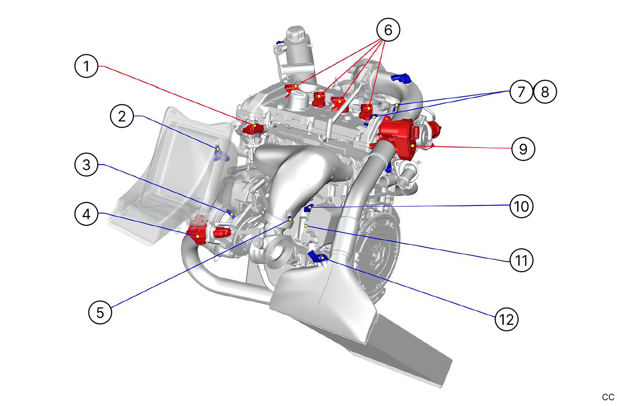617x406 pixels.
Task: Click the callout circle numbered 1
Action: tap(87, 66)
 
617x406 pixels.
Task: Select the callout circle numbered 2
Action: tap(122, 116)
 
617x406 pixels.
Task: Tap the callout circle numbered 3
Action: tap(87, 165)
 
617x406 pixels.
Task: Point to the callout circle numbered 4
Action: tap(87, 214)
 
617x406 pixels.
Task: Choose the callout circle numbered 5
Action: tap(100, 312)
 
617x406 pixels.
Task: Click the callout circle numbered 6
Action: tap(388, 30)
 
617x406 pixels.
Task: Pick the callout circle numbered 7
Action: tap(521, 92)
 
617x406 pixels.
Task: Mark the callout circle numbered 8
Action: tap(545, 92)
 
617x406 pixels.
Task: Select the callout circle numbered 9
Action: tap(523, 149)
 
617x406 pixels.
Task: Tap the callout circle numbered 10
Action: tap(521, 206)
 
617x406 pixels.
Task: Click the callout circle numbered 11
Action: tap(521, 260)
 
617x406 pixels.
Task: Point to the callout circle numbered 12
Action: tap(506, 319)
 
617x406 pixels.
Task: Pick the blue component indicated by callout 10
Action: tap(308, 208)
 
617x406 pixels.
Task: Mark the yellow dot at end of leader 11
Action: tap(306, 226)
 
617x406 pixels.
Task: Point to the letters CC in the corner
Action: tap(608, 397)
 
